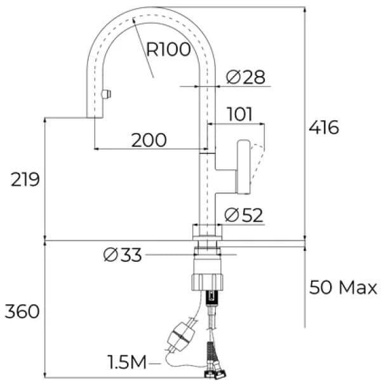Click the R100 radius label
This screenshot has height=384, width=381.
168,49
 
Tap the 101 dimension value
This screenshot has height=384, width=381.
240,115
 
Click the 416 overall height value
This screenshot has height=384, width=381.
324,127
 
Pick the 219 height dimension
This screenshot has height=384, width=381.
25,180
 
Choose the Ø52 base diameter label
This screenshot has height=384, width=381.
244,215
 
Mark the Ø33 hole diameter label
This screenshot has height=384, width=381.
123,255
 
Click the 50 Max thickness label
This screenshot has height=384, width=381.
343,288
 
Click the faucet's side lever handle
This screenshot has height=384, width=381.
243,167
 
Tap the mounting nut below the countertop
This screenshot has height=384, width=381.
208,279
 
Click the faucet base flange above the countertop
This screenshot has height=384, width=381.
208,232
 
